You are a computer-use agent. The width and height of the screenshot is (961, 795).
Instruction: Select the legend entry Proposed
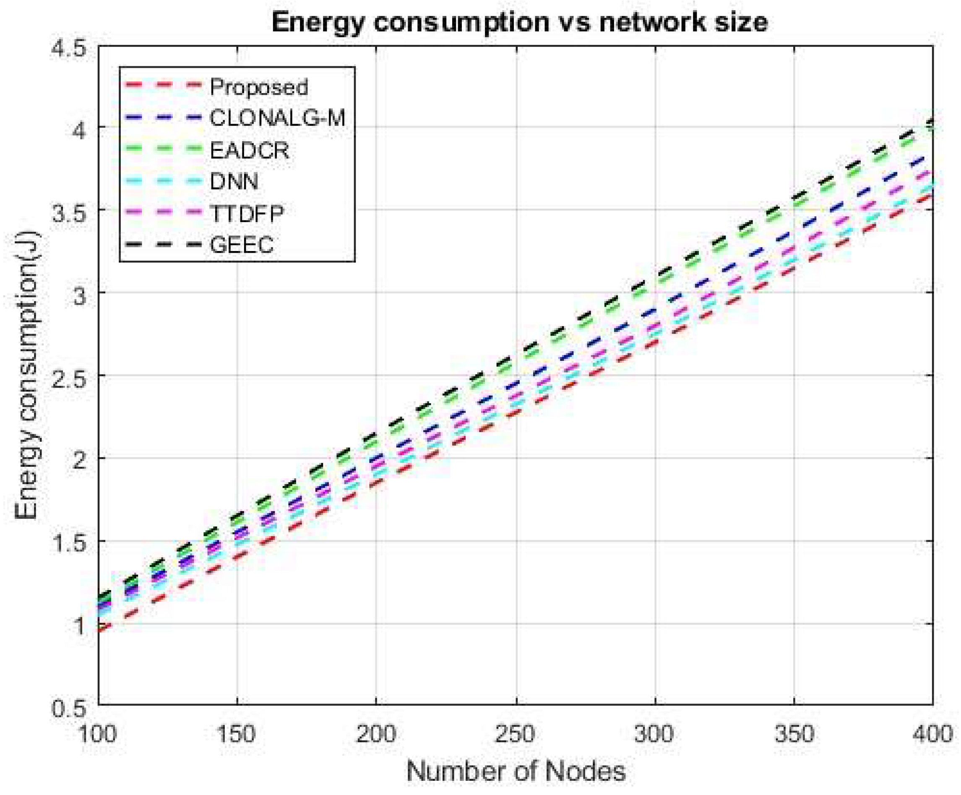tap(258, 87)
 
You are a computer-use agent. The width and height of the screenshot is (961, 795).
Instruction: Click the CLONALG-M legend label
tap(277, 119)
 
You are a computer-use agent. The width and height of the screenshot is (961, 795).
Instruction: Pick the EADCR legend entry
tap(250, 150)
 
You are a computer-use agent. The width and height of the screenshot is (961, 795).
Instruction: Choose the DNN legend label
tap(234, 181)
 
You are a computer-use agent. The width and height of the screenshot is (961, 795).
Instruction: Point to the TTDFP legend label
tap(247, 213)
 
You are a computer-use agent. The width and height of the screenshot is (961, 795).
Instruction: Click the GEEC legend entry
tap(242, 245)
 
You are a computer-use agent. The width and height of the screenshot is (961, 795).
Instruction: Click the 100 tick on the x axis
tap(97, 734)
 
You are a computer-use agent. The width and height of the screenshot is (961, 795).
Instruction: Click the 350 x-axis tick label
tap(794, 734)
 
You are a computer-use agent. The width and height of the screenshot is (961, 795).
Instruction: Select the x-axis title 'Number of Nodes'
tap(516, 772)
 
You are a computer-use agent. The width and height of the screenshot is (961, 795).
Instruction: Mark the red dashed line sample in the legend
tap(163, 85)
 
